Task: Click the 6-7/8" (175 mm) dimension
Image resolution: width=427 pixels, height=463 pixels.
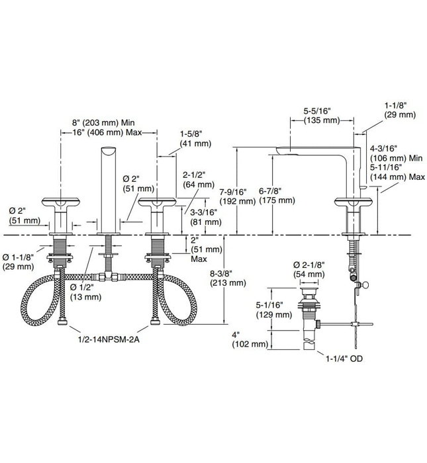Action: point(274,196)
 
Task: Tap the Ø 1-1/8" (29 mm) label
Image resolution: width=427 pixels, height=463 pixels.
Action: point(19,260)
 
